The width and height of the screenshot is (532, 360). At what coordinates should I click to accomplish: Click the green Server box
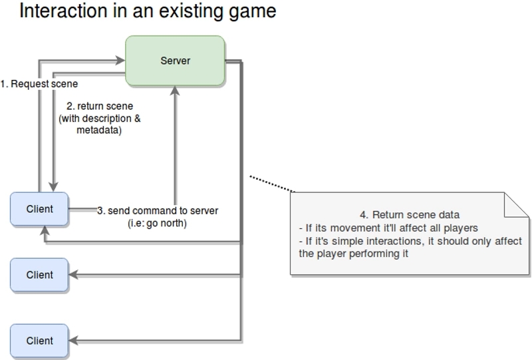[x=175, y=61]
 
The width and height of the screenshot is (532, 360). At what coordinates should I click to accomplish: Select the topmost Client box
[x=39, y=209]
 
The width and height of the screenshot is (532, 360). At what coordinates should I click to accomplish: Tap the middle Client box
[x=39, y=275]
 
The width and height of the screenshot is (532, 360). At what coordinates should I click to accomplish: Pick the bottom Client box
[x=39, y=341]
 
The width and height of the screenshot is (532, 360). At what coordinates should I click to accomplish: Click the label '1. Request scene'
[x=39, y=84]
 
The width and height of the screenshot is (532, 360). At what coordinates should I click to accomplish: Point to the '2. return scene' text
[x=100, y=106]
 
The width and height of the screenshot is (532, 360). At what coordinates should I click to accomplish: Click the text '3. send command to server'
[x=158, y=210]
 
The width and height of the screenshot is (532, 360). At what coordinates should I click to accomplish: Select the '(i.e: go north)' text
[x=157, y=223]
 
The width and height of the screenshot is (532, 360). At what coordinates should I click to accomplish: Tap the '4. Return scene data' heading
[x=410, y=215]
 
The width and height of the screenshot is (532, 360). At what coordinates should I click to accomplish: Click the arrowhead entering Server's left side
[x=121, y=61]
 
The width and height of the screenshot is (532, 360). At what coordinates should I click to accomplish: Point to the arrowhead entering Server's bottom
[x=175, y=90]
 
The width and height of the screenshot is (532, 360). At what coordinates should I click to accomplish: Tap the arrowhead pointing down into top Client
[x=53, y=187]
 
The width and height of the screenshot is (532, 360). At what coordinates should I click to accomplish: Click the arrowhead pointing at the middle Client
[x=73, y=275]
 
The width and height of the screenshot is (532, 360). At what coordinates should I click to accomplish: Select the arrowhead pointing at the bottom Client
[x=73, y=341]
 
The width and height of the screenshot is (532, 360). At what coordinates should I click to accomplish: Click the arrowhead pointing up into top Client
[x=45, y=231]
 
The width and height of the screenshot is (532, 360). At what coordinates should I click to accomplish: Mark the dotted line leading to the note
[x=273, y=184]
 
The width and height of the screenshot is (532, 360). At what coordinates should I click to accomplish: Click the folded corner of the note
[x=517, y=205]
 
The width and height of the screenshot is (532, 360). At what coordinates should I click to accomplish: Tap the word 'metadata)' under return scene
[x=99, y=130]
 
